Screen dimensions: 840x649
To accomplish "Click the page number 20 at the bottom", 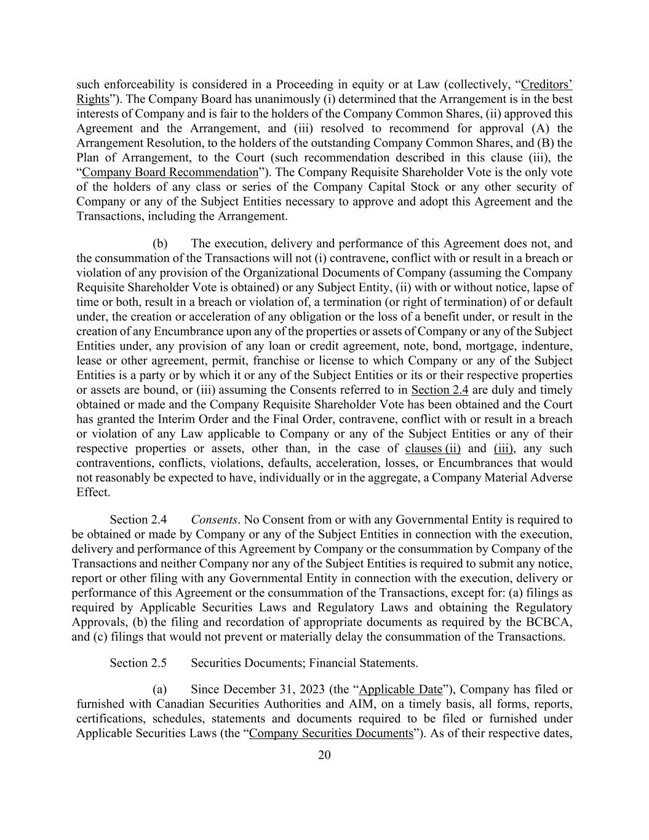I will pos(324,756).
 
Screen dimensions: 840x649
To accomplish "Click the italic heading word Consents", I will pos(213,520).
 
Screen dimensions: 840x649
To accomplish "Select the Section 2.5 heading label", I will pos(138,663).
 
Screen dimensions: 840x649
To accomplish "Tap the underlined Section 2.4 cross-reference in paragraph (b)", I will pos(440,390).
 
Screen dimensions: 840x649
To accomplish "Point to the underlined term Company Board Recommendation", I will pos(170,172).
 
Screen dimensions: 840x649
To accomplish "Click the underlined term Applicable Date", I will pos(400,689).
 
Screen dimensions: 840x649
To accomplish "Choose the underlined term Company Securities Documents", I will pos(331,733).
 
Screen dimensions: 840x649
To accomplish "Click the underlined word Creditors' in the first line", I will pos(546,84).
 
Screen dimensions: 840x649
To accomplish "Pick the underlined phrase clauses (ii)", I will pos(433,448).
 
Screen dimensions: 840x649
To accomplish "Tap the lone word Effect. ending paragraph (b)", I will pos(94,492).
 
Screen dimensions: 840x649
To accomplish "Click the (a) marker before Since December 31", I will pos(160,689).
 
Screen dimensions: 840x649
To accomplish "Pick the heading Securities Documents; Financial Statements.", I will pos(304,663).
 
